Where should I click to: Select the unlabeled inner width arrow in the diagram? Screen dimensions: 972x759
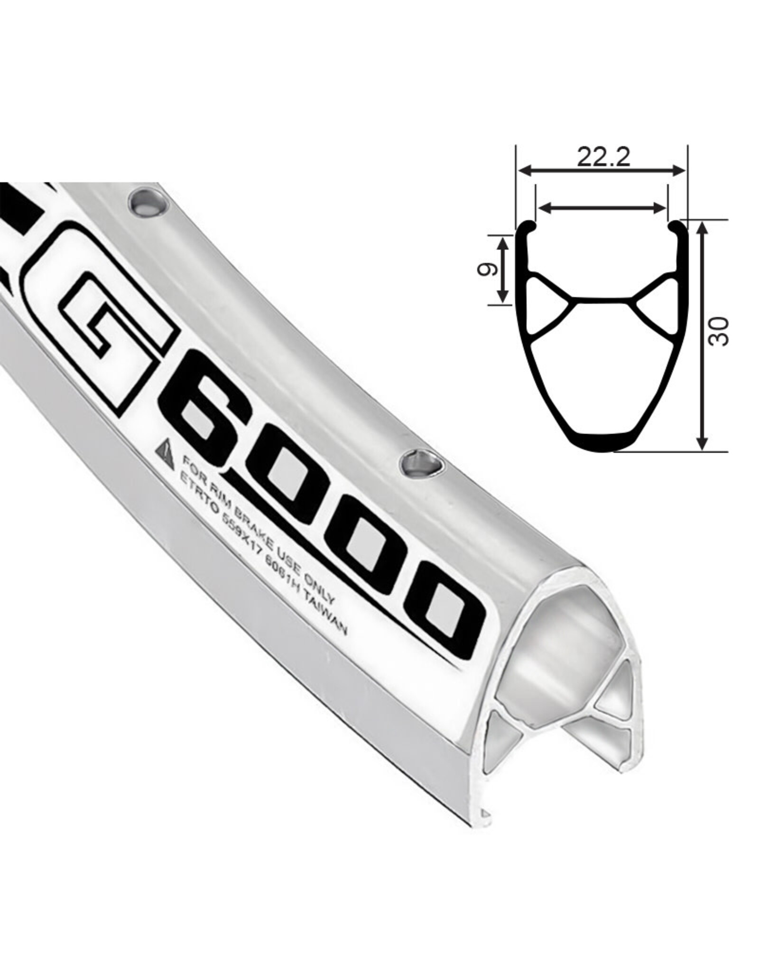601,206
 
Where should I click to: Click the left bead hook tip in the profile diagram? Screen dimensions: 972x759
531,227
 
